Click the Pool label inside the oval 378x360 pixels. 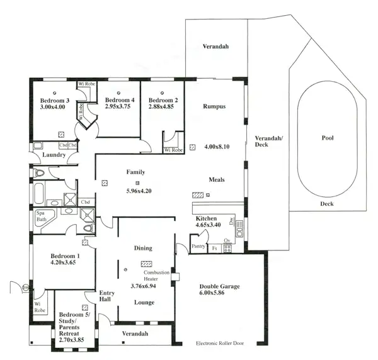327,138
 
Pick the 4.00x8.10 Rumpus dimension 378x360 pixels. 217,147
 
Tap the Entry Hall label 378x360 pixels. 105,296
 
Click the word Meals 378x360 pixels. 217,180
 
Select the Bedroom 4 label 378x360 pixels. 119,101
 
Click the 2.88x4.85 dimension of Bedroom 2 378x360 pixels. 162,108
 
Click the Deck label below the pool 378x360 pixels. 327,203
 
